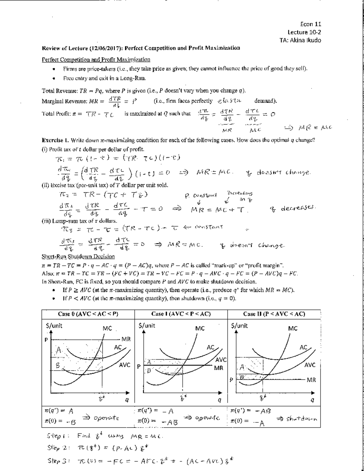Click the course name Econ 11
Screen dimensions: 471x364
click(311, 24)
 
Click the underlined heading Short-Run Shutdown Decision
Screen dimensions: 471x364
click(78, 257)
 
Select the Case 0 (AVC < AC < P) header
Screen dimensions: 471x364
click(88, 314)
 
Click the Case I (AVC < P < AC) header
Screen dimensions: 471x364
click(181, 314)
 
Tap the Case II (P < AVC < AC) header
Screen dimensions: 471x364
click(274, 314)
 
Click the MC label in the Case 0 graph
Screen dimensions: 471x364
click(107, 328)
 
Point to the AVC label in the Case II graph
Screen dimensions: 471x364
click(310, 365)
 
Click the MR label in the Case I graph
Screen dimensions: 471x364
click(219, 368)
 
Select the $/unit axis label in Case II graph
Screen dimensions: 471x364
click(239, 326)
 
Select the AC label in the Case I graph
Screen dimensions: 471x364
click(210, 347)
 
